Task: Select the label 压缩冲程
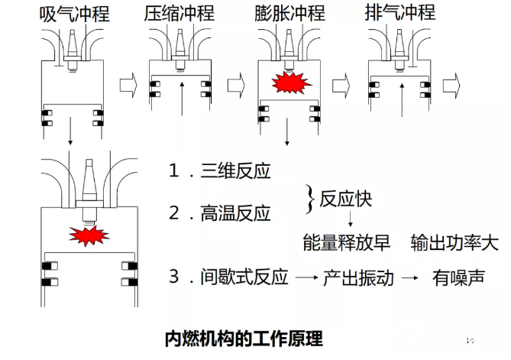(x=179, y=13)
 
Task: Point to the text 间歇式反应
(x=244, y=277)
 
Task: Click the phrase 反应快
(x=346, y=200)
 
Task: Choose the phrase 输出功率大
(x=454, y=244)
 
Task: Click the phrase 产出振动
(x=359, y=277)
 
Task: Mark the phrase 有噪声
(x=458, y=277)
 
